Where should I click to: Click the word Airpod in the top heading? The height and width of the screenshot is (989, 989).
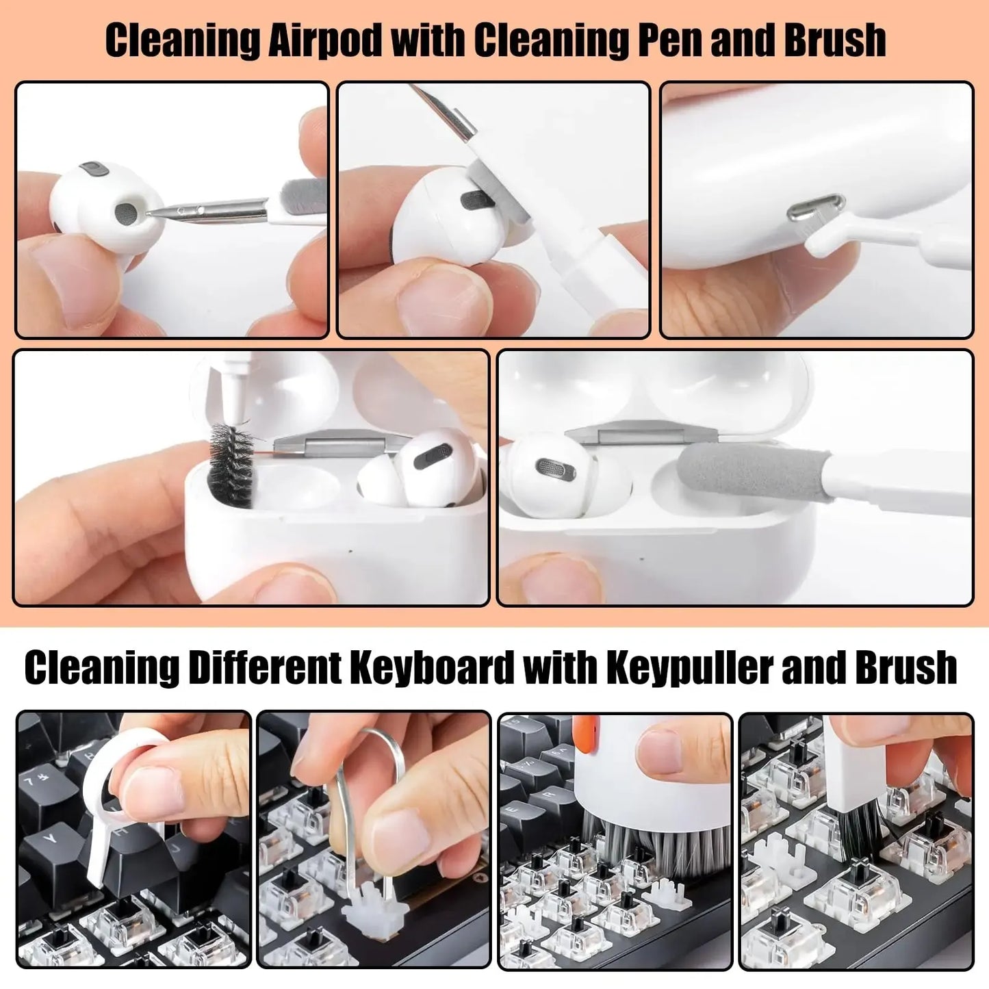pyautogui.click(x=326, y=40)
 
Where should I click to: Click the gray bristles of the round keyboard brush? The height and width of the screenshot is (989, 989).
pyautogui.click(x=657, y=842)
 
